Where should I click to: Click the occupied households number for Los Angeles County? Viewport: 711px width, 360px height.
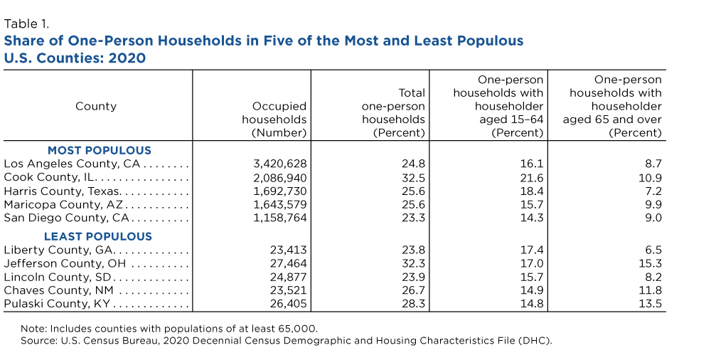coord(279,164)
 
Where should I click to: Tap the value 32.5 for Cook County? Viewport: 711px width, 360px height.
coord(413,177)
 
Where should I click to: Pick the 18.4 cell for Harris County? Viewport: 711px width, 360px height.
coord(531,191)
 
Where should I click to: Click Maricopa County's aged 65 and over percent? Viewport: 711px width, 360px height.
coord(653,205)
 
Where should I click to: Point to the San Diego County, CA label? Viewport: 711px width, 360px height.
coord(67,218)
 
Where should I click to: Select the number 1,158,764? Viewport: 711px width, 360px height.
coord(279,218)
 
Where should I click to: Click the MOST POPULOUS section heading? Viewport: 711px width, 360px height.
coord(100,150)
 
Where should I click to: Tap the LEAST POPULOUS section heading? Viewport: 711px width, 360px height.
coord(98,236)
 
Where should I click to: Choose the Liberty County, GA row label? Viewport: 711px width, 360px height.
coord(58,250)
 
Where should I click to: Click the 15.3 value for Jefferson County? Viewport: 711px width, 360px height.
coord(651,264)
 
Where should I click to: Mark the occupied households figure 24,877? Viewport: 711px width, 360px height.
coord(289,277)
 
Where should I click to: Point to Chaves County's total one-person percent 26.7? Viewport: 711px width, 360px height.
coord(413,290)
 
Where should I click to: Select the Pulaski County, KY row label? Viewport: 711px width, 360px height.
coord(57,304)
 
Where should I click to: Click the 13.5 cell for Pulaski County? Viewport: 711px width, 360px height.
coord(651,304)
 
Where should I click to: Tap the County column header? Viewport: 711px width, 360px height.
coord(96,106)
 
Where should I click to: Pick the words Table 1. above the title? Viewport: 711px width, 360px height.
coord(26,23)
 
